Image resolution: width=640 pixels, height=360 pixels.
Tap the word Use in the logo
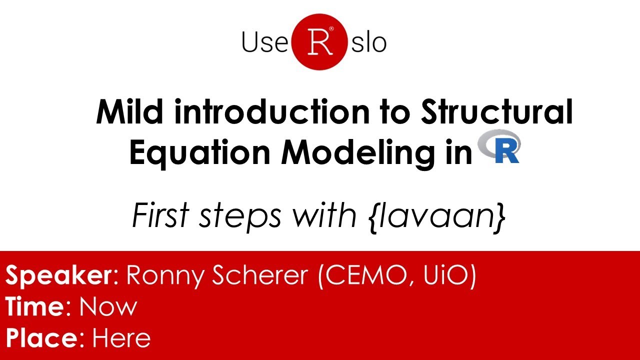tap(265, 42)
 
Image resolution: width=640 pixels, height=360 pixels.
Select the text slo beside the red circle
tap(368, 42)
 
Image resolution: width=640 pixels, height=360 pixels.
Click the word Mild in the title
tap(130, 112)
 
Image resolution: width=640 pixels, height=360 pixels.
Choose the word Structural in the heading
tap(496, 112)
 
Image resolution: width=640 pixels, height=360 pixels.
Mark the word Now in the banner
tap(108, 306)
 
